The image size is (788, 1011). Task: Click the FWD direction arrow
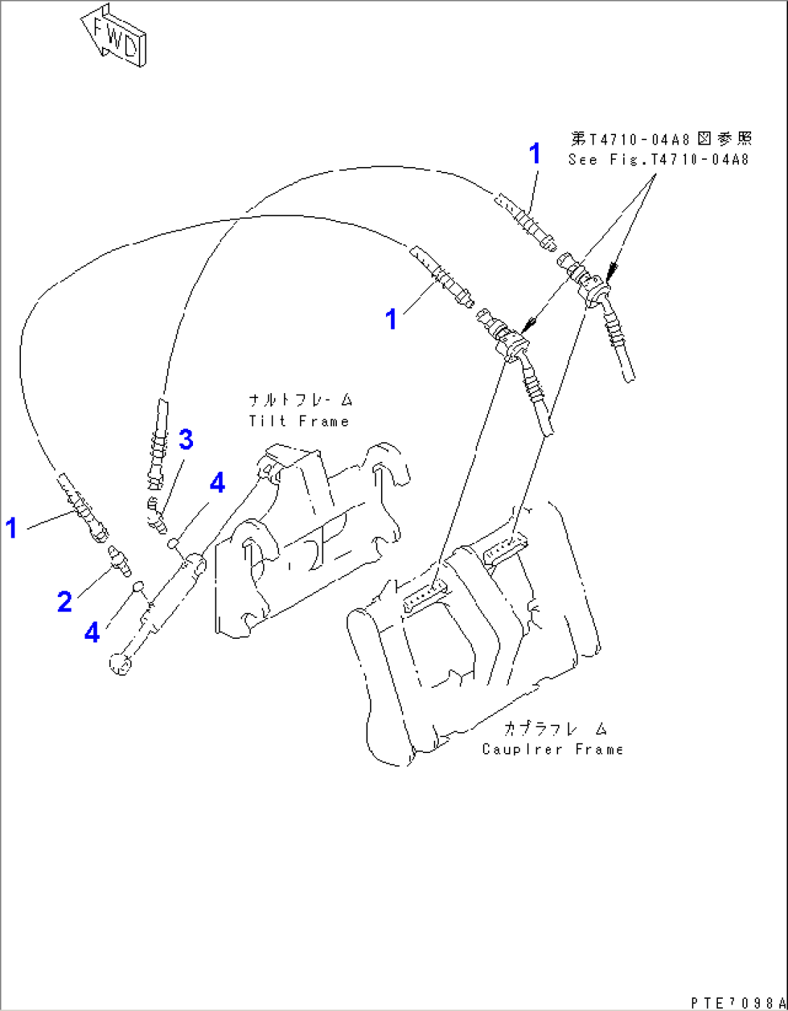coord(114,37)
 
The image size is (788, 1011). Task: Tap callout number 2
coord(65,601)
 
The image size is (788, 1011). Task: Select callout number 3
coord(186,439)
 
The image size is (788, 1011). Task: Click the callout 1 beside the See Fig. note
coord(534,153)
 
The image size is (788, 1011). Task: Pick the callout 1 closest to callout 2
coord(11,528)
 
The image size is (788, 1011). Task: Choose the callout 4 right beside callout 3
coord(217,483)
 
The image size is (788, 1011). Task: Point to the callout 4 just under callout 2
coord(92,632)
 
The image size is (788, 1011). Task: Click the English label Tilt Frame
coord(299,421)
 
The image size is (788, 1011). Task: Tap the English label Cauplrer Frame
coord(552,749)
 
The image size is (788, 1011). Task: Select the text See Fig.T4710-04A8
coord(658,160)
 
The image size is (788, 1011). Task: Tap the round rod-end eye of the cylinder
coord(120,663)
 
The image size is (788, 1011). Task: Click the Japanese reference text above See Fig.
coord(661,138)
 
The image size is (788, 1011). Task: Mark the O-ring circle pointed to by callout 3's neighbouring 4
coord(174,543)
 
